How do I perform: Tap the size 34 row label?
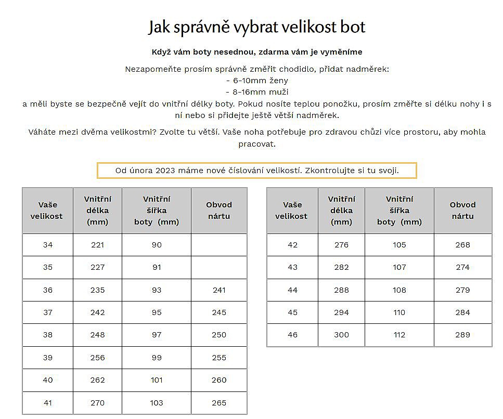coord(48,245)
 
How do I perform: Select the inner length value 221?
coord(97,245)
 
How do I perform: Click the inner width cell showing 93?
coord(157,290)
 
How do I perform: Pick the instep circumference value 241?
coord(219,290)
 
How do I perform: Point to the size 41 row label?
coord(48,402)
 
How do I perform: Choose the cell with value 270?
coord(97,402)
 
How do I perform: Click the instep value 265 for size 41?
coord(219,402)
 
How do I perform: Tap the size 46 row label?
coord(292,335)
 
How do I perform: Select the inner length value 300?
coord(341,335)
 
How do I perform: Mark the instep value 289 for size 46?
coord(462,335)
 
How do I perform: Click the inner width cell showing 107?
coord(399,267)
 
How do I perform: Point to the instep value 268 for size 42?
coord(462,245)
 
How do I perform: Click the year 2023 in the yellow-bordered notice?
coord(165,171)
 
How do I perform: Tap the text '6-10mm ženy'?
coord(257,81)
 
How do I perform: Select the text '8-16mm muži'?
coord(257,92)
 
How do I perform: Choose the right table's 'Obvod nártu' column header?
coord(462,210)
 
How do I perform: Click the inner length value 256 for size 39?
coord(97,358)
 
